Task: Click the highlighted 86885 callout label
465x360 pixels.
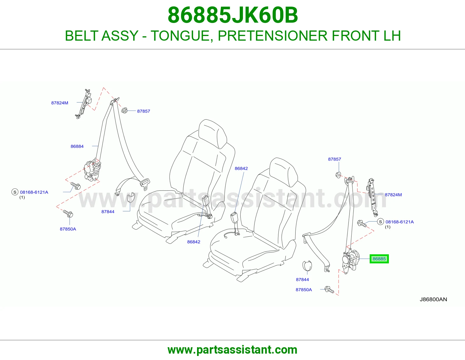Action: (x=379, y=259)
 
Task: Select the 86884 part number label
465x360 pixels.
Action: (x=77, y=146)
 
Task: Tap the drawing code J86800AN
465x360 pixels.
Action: (x=433, y=299)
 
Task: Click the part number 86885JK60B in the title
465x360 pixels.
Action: (x=233, y=15)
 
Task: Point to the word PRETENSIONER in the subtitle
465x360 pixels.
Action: (x=273, y=36)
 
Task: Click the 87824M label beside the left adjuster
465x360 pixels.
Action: (x=60, y=103)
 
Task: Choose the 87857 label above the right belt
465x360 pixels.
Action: (x=335, y=159)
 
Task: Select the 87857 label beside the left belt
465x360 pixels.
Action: (x=144, y=111)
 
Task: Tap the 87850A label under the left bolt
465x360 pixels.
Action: (x=68, y=229)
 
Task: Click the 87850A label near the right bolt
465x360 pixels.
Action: (x=304, y=290)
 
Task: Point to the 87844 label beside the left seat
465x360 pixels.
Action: (x=108, y=212)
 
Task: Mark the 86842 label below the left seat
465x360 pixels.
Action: (x=194, y=242)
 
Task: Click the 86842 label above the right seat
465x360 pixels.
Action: (x=241, y=168)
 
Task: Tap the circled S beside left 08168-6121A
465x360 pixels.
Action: (x=15, y=192)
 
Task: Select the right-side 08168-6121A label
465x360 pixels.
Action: (x=400, y=222)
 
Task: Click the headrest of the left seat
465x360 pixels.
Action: (x=212, y=134)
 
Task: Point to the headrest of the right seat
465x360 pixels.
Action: (x=284, y=172)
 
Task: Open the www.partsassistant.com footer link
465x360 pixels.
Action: (x=233, y=350)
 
